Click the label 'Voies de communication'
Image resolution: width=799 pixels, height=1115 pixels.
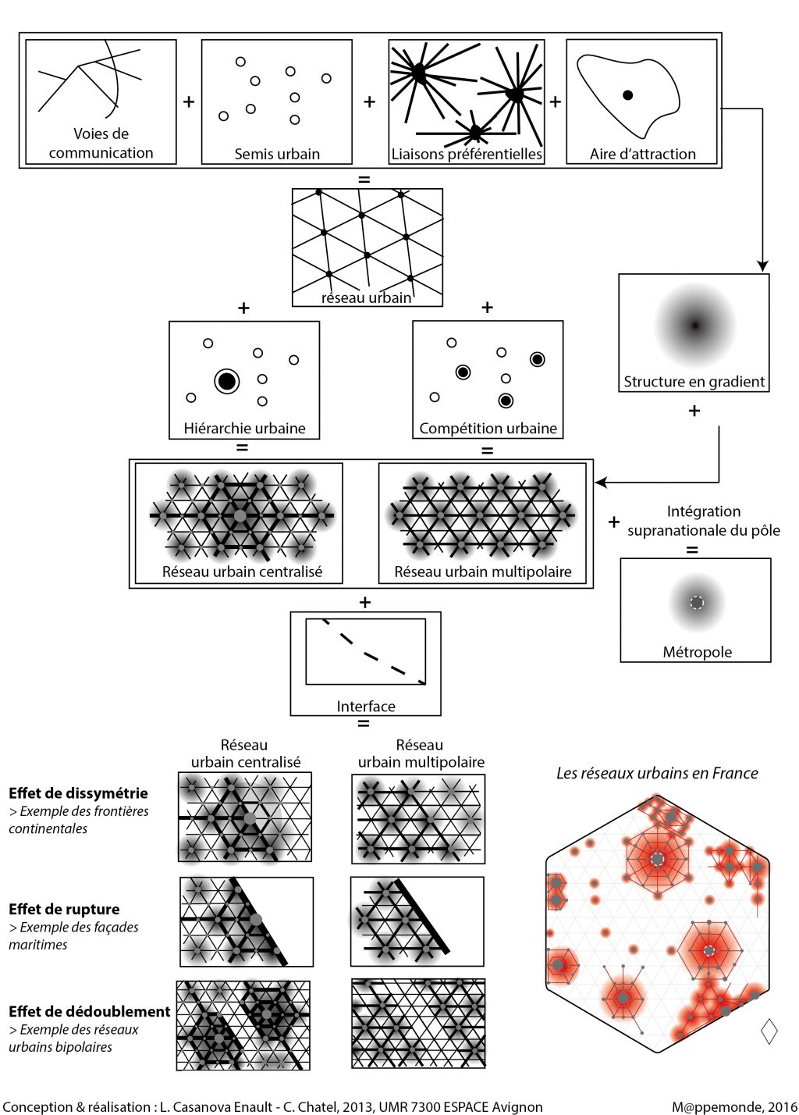coord(101,143)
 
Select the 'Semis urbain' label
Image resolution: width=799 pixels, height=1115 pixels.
coord(277,154)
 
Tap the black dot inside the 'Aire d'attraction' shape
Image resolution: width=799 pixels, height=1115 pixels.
coord(627,95)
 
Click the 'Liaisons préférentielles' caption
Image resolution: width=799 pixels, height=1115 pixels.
coord(467,154)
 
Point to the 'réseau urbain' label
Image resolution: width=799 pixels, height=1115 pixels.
coord(366,297)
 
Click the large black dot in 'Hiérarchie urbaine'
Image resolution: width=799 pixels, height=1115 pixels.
coord(226,381)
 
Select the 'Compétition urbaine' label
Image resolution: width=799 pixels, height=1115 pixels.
coord(488,428)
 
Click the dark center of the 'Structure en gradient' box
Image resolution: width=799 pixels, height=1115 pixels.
coord(694,326)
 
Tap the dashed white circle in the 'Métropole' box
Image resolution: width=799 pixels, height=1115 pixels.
coord(697,602)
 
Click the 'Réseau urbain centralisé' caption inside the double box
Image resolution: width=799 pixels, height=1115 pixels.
coord(242,572)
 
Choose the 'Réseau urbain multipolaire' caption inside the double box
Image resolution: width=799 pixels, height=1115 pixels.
coord(483,572)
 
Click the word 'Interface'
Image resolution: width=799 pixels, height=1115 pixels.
coord(366,706)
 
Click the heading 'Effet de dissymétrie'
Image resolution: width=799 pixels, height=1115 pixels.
coord(78,793)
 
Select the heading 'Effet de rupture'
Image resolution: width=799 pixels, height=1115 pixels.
coord(64,909)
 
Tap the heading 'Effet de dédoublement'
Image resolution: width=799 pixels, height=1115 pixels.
coord(89,1011)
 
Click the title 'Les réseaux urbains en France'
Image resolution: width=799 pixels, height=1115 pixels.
coord(657,773)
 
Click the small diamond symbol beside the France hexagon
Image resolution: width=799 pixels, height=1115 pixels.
coord(769,1031)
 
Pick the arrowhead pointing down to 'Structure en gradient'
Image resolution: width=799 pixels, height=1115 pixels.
coord(762,266)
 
